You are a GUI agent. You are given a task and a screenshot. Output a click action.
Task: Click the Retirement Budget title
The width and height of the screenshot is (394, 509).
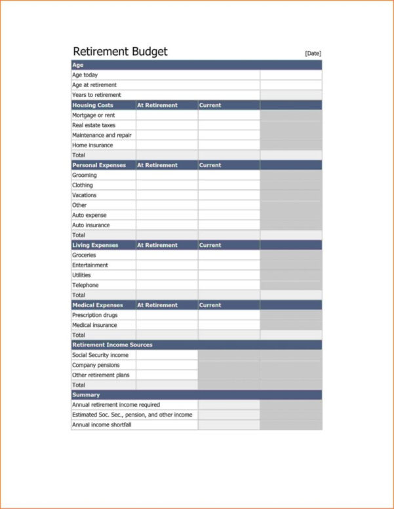pyautogui.click(x=120, y=52)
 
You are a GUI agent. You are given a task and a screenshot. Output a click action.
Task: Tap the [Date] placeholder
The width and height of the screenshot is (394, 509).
pyautogui.click(x=313, y=54)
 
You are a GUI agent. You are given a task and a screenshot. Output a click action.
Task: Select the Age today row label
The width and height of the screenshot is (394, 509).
pyautogui.click(x=85, y=75)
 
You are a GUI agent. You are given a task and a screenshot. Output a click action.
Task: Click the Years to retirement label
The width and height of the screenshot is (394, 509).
pyautogui.click(x=96, y=95)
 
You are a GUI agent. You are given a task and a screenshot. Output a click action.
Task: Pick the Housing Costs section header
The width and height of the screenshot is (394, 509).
pyautogui.click(x=92, y=105)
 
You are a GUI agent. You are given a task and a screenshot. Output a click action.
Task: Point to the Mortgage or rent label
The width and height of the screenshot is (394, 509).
pyautogui.click(x=93, y=115)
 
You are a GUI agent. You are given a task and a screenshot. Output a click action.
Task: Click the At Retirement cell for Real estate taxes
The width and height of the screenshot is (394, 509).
pyautogui.click(x=167, y=125)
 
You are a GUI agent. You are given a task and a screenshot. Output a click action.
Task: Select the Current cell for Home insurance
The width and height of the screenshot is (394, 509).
pyautogui.click(x=229, y=145)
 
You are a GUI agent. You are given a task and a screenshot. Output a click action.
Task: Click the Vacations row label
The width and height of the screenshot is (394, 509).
pyautogui.click(x=84, y=195)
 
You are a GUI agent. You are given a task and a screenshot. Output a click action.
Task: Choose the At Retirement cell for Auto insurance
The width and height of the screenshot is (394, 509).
pyautogui.click(x=167, y=225)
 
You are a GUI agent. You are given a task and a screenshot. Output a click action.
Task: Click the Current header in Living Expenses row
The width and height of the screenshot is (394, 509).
pyautogui.click(x=210, y=245)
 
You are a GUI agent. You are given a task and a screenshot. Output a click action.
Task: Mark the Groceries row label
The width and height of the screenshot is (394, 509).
pyautogui.click(x=84, y=255)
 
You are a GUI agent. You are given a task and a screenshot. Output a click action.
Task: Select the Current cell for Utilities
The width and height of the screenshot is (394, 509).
pyautogui.click(x=229, y=275)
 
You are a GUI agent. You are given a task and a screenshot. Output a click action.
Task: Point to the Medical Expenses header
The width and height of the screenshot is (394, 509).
pyautogui.click(x=98, y=305)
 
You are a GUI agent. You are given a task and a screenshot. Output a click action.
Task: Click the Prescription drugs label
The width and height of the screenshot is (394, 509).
pyautogui.click(x=95, y=315)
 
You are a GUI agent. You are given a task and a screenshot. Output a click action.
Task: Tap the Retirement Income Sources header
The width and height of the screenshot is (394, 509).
pyautogui.click(x=112, y=345)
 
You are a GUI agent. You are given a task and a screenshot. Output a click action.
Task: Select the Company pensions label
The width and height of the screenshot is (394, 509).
pyautogui.click(x=96, y=365)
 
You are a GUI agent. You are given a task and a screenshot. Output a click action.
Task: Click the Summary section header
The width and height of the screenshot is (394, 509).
pyautogui.click(x=86, y=395)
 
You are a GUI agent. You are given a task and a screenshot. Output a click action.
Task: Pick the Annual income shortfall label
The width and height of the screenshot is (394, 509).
pyautogui.click(x=102, y=425)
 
